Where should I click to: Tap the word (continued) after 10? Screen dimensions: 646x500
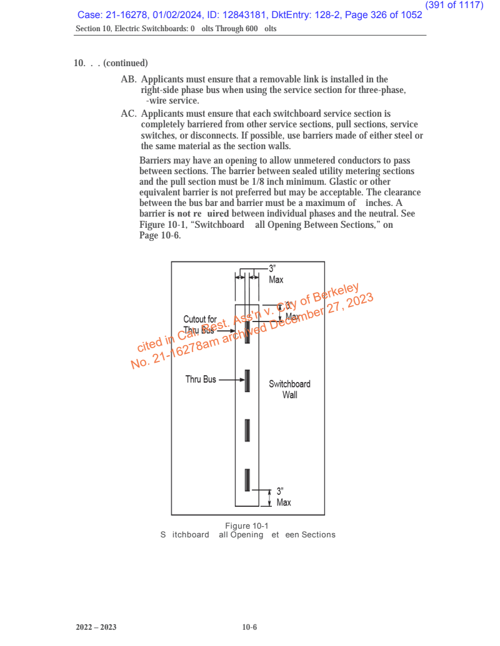(x=126, y=63)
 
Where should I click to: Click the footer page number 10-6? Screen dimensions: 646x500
(x=249, y=627)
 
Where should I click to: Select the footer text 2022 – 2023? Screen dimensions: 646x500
(x=96, y=627)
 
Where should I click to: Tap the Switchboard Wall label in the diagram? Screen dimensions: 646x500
(x=289, y=389)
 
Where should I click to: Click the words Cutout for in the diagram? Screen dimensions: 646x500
(x=200, y=320)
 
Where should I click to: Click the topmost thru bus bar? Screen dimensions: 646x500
(x=247, y=331)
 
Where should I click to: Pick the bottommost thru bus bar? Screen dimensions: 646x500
(x=247, y=479)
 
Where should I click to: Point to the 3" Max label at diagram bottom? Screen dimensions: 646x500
(x=283, y=496)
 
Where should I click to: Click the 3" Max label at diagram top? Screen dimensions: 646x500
(x=276, y=274)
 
